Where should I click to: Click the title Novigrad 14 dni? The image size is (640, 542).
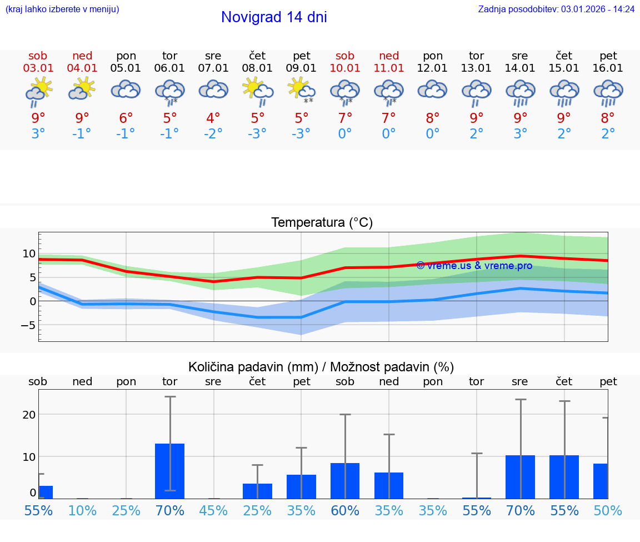(x=274, y=17)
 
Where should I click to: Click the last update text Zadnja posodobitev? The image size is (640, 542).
(x=556, y=9)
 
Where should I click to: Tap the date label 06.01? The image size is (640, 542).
(x=169, y=68)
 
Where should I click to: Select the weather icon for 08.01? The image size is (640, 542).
(x=257, y=91)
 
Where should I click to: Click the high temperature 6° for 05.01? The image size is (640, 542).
(x=126, y=118)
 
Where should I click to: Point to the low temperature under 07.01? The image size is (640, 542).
(x=213, y=134)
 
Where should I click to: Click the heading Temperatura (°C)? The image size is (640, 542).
(x=322, y=222)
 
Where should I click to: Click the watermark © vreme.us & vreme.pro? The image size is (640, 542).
(x=474, y=266)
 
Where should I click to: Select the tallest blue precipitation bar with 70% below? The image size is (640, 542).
(x=169, y=470)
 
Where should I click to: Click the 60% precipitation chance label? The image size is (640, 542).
(x=345, y=510)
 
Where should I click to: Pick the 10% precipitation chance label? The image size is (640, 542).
(x=82, y=510)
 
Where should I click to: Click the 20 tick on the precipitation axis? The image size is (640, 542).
(x=29, y=414)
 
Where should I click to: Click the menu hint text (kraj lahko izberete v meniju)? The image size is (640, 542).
(x=62, y=9)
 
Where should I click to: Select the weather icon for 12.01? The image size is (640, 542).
(x=433, y=90)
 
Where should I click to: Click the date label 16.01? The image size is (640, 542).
(x=608, y=68)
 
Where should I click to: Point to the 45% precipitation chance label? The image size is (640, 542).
(x=213, y=510)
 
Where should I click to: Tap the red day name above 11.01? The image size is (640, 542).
(x=389, y=56)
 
